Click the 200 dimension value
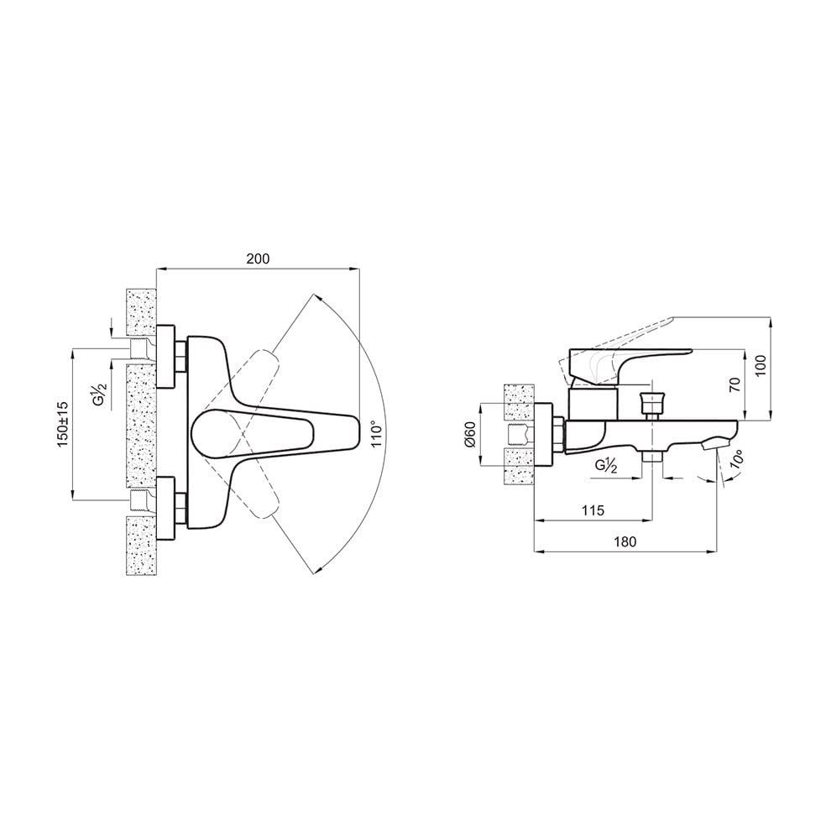tap(258, 259)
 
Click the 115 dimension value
tap(593, 510)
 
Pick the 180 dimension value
tap(625, 541)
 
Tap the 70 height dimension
tap(734, 385)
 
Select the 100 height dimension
tap(761, 366)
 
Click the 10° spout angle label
tap(736, 457)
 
